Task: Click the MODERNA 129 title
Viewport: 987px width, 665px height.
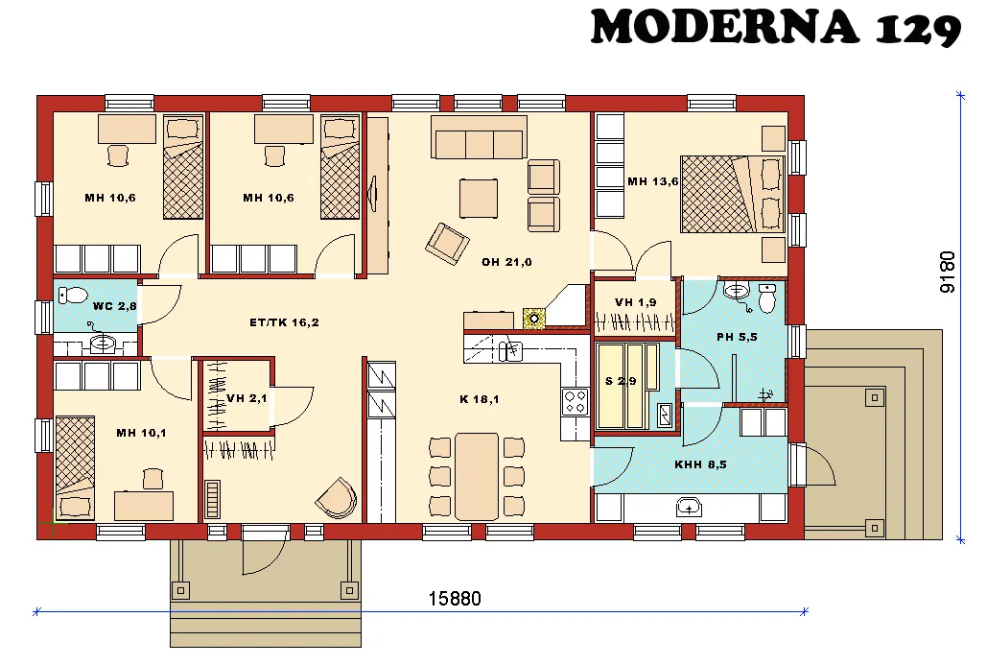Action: (775, 28)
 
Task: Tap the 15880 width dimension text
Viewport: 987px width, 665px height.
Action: (454, 599)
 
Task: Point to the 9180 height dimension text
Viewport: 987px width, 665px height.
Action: (948, 272)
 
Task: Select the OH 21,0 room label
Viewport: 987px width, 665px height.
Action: (506, 262)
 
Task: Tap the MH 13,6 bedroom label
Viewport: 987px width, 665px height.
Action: (652, 181)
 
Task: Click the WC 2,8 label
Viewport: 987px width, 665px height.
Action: (115, 306)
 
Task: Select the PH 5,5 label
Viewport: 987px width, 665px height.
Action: (737, 338)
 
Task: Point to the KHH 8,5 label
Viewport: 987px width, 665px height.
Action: (700, 464)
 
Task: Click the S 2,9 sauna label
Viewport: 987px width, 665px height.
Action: (621, 381)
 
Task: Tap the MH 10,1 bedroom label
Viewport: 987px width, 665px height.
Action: (141, 433)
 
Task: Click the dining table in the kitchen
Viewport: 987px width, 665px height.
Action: (477, 476)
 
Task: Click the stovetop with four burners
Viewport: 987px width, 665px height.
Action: (575, 401)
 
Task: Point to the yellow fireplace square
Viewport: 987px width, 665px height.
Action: (533, 319)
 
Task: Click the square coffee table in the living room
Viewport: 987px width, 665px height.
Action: (478, 199)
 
